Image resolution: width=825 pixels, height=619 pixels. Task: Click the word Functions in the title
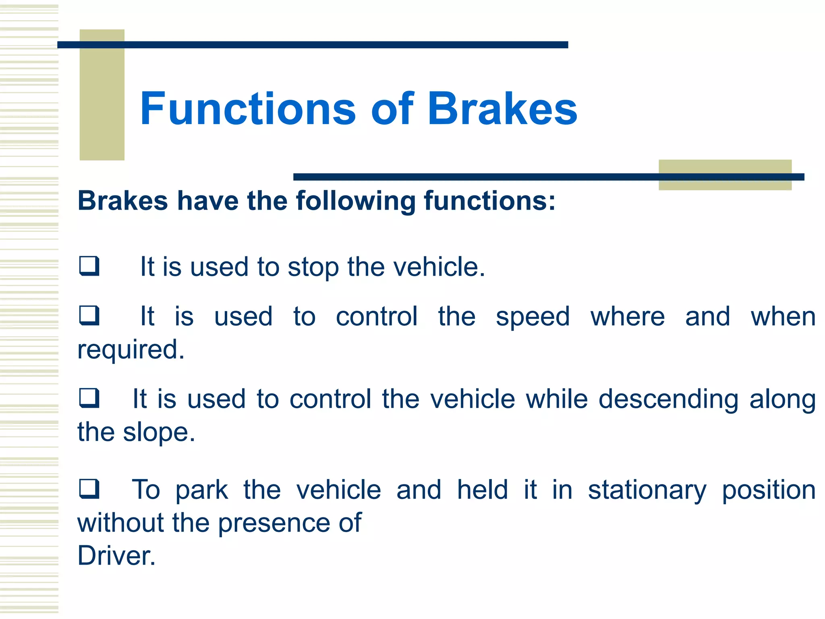point(247,109)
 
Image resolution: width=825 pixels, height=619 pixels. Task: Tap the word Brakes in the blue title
point(502,109)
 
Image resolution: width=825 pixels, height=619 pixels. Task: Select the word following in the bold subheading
point(356,201)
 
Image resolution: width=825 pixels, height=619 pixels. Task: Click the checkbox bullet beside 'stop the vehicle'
point(89,266)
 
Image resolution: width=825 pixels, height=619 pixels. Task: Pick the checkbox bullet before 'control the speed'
point(89,316)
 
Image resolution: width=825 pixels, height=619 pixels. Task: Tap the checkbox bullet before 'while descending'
point(89,398)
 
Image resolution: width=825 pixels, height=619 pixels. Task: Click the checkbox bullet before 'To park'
point(89,489)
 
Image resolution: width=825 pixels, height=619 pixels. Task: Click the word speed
point(533,317)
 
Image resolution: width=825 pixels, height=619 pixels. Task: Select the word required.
point(131,350)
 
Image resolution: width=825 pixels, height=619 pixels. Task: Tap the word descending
point(668,399)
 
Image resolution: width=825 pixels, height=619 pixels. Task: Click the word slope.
point(159,432)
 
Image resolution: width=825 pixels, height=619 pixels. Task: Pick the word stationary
point(647,490)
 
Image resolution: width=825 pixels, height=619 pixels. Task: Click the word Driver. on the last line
point(116,556)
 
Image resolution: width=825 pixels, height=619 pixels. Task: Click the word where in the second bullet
point(627,317)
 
